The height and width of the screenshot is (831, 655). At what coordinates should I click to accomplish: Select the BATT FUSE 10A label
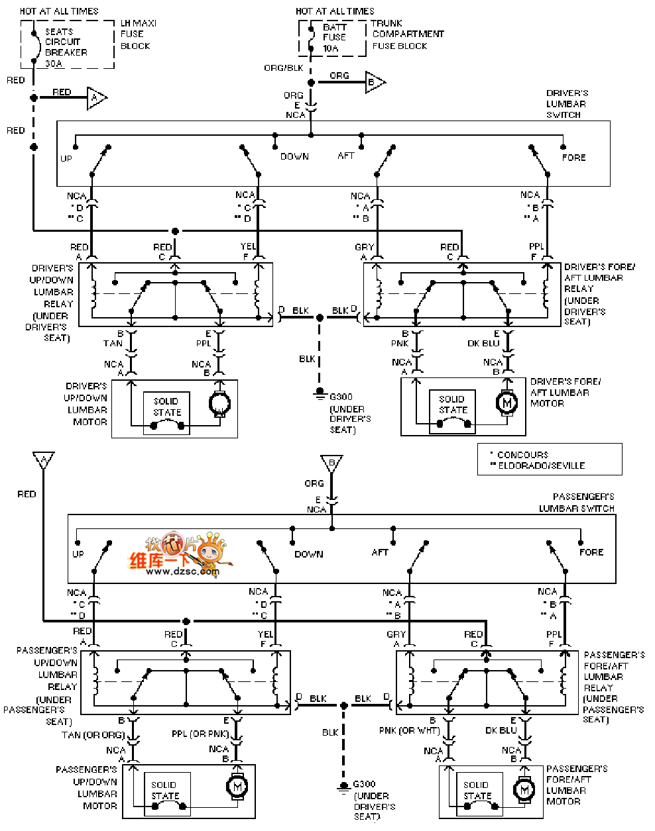click(334, 38)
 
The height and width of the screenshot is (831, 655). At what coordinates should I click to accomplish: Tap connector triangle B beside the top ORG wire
click(373, 82)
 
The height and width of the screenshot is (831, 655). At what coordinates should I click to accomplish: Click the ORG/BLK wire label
click(283, 68)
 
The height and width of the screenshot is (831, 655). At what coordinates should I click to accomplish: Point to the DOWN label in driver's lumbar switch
click(294, 156)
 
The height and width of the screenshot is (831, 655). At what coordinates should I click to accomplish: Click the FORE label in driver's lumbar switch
click(573, 158)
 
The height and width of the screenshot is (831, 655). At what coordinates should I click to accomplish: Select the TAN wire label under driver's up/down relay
click(113, 343)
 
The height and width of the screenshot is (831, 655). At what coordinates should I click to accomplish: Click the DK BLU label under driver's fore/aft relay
click(483, 343)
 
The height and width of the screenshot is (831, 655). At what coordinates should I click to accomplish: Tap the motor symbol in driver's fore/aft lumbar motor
click(507, 403)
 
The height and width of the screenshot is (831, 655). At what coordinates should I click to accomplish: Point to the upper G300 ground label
click(341, 397)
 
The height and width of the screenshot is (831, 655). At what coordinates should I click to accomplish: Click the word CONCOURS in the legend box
click(522, 455)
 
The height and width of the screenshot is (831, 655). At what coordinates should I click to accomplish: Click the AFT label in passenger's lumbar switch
click(380, 552)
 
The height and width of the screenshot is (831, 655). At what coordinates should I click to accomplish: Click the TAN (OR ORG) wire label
click(93, 735)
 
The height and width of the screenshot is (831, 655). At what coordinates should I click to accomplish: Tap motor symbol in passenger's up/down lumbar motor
click(237, 786)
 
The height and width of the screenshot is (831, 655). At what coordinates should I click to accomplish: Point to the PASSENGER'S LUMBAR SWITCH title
click(576, 503)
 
